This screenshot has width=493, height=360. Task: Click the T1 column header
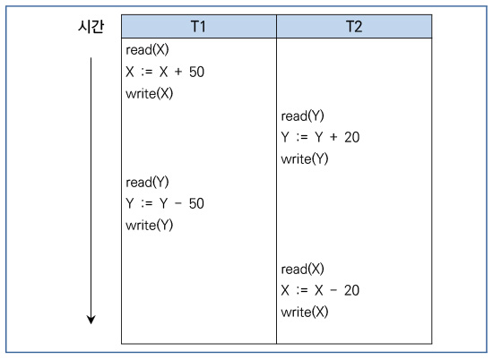tap(199, 26)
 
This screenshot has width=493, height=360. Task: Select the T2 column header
tap(354, 26)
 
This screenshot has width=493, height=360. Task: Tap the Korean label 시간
tap(91, 26)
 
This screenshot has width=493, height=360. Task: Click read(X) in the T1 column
tap(147, 50)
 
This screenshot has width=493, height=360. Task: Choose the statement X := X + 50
tap(165, 72)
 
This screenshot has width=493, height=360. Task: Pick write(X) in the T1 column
tap(150, 94)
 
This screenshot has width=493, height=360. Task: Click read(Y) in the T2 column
tap(302, 116)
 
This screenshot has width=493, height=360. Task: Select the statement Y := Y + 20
tap(320, 137)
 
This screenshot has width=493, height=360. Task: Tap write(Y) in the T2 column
tap(305, 159)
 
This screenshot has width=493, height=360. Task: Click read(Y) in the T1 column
tap(147, 182)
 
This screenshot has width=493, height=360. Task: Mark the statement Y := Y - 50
tap(165, 203)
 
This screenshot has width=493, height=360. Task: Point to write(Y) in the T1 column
tap(150, 226)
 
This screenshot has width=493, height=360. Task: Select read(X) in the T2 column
tap(302, 269)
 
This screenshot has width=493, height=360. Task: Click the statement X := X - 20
tap(320, 290)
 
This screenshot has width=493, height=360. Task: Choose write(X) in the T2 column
tap(305, 312)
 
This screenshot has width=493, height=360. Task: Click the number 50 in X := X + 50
tap(196, 72)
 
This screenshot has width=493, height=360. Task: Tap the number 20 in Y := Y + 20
tap(352, 137)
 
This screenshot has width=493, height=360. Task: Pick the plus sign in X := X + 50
tap(178, 72)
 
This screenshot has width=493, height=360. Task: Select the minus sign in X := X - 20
tap(333, 290)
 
